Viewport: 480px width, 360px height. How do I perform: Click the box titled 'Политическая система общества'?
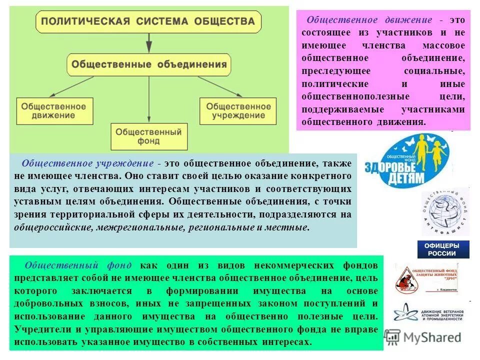click(148, 21)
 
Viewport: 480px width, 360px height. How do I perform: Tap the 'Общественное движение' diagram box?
click(51, 110)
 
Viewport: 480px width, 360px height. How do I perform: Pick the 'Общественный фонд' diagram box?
click(148, 136)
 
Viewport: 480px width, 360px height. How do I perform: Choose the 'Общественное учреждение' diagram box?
click(238, 110)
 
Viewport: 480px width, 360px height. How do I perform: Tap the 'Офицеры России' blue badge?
click(443, 249)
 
